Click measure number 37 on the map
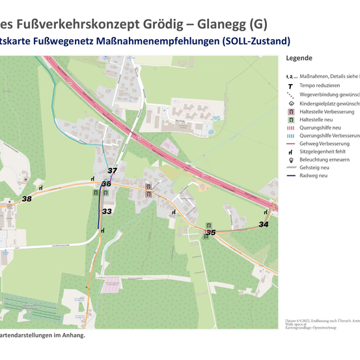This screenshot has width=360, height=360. click(112, 171)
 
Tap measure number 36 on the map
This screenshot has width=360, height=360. click(106, 184)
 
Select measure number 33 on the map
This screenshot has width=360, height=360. click(107, 211)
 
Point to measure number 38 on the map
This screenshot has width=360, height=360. click(27, 199)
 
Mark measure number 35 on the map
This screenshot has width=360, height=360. click(210, 232)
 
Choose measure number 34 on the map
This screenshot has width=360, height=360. click(264, 224)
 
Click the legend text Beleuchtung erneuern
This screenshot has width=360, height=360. click(324, 159)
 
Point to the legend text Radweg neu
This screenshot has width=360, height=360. click(314, 176)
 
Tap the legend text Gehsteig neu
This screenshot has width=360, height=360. click(315, 167)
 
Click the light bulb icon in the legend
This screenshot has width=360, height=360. click(290, 159)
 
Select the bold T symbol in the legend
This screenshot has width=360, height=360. click(290, 85)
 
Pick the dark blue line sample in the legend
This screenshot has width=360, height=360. click(290, 176)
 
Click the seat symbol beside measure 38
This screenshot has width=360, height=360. click(41, 188)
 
